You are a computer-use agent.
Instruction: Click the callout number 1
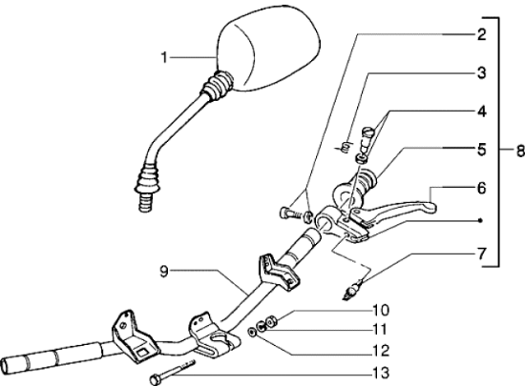tap(164, 57)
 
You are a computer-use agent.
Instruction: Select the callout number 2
tap(481, 34)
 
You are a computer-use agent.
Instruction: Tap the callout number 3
tap(481, 72)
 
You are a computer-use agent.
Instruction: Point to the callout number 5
tap(481, 150)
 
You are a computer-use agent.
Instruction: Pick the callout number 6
tap(481, 188)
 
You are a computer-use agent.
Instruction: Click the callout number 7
tap(481, 254)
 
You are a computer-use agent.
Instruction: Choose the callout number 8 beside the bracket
tap(520, 151)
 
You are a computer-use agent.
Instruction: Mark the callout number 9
tap(164, 272)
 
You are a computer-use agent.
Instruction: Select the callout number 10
tap(381, 310)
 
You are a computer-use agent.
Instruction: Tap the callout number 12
tap(381, 351)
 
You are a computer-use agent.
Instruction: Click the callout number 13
tap(381, 373)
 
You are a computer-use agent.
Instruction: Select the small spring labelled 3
tap(345, 147)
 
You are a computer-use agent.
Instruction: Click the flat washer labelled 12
tap(252, 333)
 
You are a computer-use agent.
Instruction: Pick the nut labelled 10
tap(270, 321)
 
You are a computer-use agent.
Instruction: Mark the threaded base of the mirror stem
tap(146, 204)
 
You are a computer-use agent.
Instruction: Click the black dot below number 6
tap(480, 220)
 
